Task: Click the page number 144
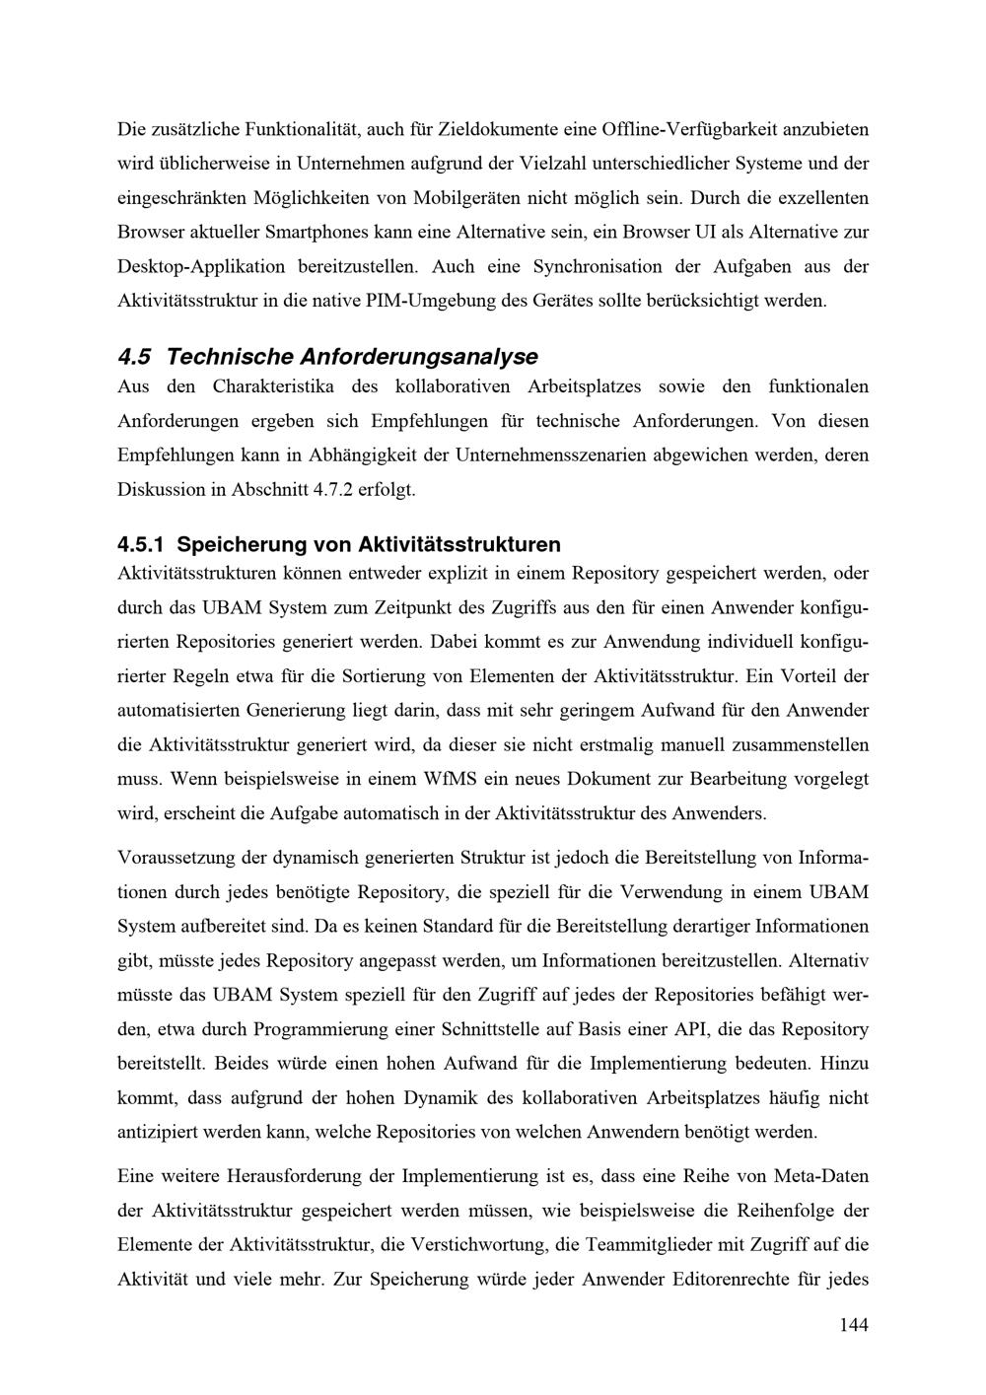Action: [853, 1325]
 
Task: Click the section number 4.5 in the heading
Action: [132, 356]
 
